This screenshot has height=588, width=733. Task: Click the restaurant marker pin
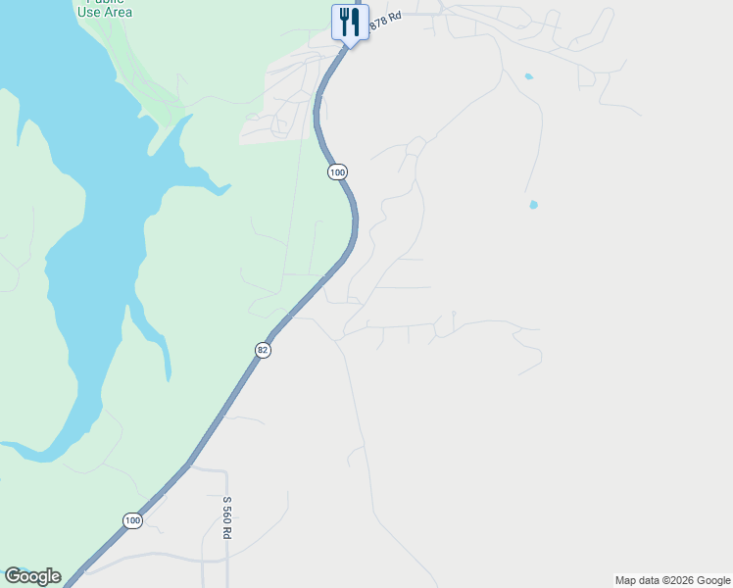(350, 22)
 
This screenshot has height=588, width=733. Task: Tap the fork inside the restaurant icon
(344, 20)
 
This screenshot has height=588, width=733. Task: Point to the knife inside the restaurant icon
(356, 20)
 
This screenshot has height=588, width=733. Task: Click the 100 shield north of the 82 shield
(337, 171)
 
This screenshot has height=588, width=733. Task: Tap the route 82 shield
(262, 350)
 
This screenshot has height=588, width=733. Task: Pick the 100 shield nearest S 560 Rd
(132, 520)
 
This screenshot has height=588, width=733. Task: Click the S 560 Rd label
(226, 517)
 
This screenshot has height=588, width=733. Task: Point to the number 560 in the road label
(226, 514)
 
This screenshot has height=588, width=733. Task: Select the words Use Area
(104, 13)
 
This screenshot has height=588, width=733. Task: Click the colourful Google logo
(32, 576)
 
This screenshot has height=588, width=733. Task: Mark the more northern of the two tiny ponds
(529, 75)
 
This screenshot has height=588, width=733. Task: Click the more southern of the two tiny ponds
(533, 205)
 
